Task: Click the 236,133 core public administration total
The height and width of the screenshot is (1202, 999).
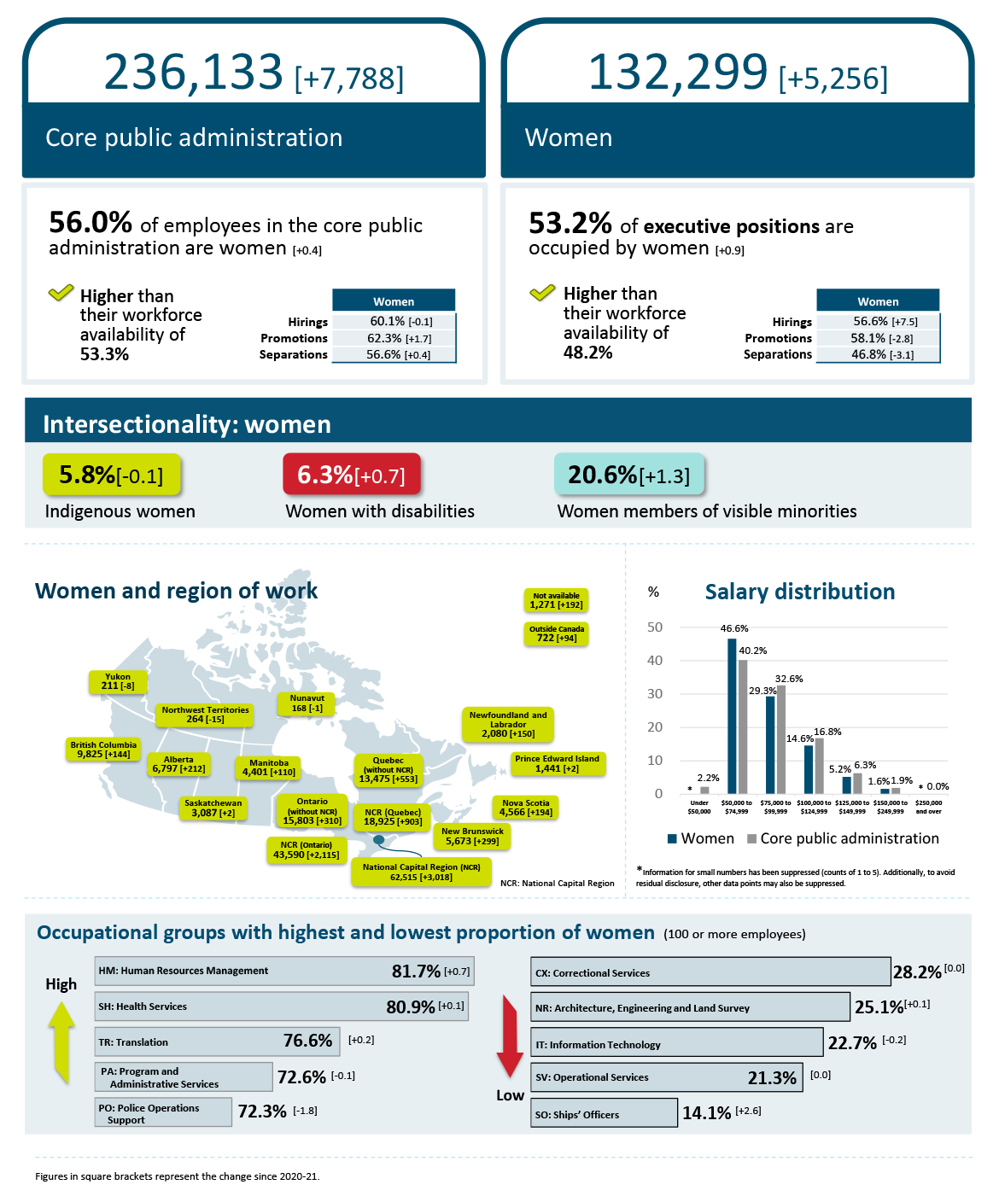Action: (x=193, y=72)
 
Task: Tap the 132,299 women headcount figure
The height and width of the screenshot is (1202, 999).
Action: (x=677, y=72)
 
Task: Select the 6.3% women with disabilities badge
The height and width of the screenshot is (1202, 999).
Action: (x=351, y=475)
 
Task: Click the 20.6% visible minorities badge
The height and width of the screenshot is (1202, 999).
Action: (x=628, y=475)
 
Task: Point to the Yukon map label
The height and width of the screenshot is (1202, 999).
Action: (x=118, y=681)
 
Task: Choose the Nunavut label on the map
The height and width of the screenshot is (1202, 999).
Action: (x=307, y=703)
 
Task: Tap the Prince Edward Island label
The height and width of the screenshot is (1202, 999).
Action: (x=557, y=763)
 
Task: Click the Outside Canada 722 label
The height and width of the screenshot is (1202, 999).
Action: (x=557, y=633)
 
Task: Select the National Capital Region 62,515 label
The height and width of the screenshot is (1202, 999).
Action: (x=421, y=872)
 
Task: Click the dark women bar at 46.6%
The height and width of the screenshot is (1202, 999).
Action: (x=732, y=715)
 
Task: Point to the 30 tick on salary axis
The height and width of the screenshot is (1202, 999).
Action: (x=655, y=693)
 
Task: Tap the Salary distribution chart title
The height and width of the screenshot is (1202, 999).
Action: (x=799, y=592)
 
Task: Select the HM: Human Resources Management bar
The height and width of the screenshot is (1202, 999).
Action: (x=283, y=971)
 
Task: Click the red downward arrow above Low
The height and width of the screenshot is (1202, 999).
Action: (x=510, y=1035)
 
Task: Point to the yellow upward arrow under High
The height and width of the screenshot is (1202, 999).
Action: (x=61, y=1042)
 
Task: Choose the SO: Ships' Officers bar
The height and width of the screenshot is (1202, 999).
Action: (x=604, y=1113)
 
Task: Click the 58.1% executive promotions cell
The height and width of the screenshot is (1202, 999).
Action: (x=878, y=338)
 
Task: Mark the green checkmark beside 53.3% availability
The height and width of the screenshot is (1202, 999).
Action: (x=61, y=294)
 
